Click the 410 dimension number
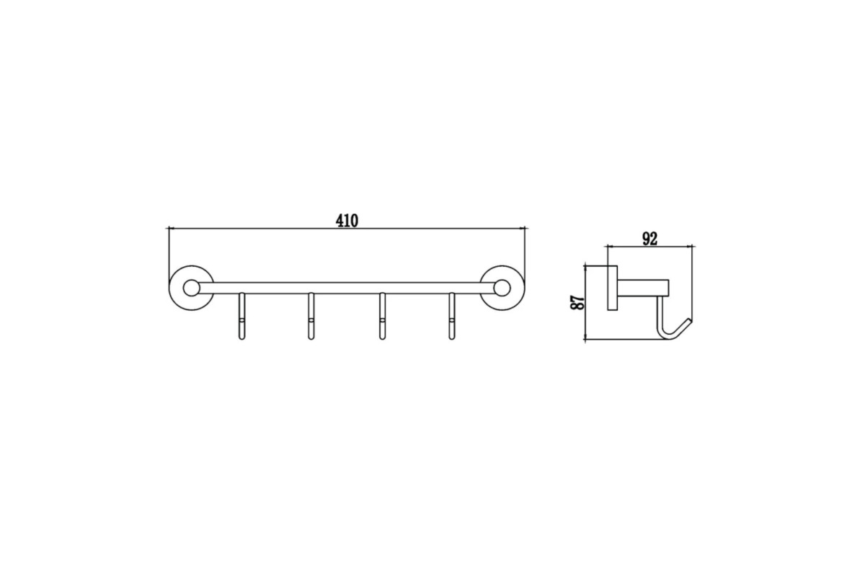(347, 221)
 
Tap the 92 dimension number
(650, 239)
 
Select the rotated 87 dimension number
(577, 302)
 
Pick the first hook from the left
(241, 316)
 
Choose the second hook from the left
(311, 316)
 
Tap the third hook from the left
(382, 316)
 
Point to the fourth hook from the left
(451, 316)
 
